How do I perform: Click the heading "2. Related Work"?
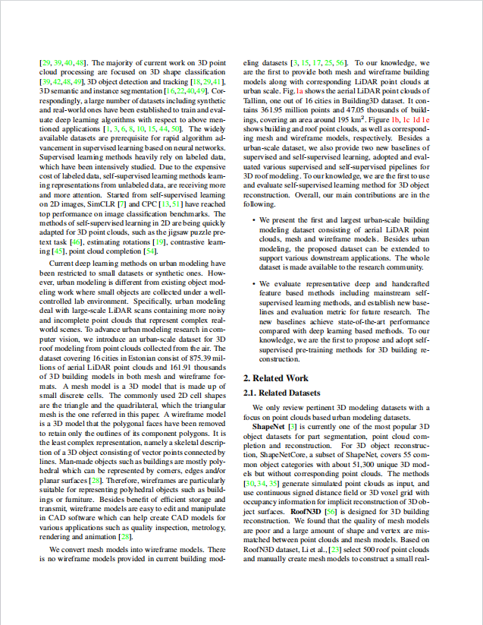[275, 377]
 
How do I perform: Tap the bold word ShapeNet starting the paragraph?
[269, 428]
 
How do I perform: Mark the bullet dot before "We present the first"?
[253, 219]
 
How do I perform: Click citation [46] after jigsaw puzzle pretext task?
[75, 241]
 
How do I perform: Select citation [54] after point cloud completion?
[150, 251]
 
